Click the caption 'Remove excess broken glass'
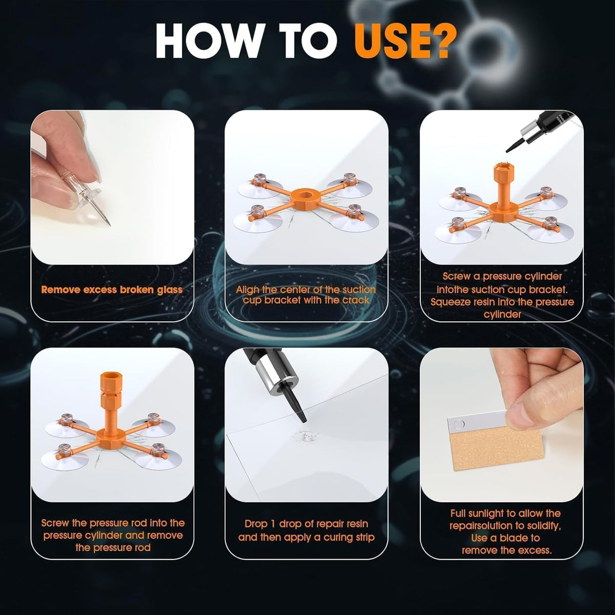tap(112, 290)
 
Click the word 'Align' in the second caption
tap(248, 290)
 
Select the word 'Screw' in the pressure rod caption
tap(55, 523)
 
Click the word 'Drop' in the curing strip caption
tap(257, 524)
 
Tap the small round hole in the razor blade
tap(459, 424)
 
